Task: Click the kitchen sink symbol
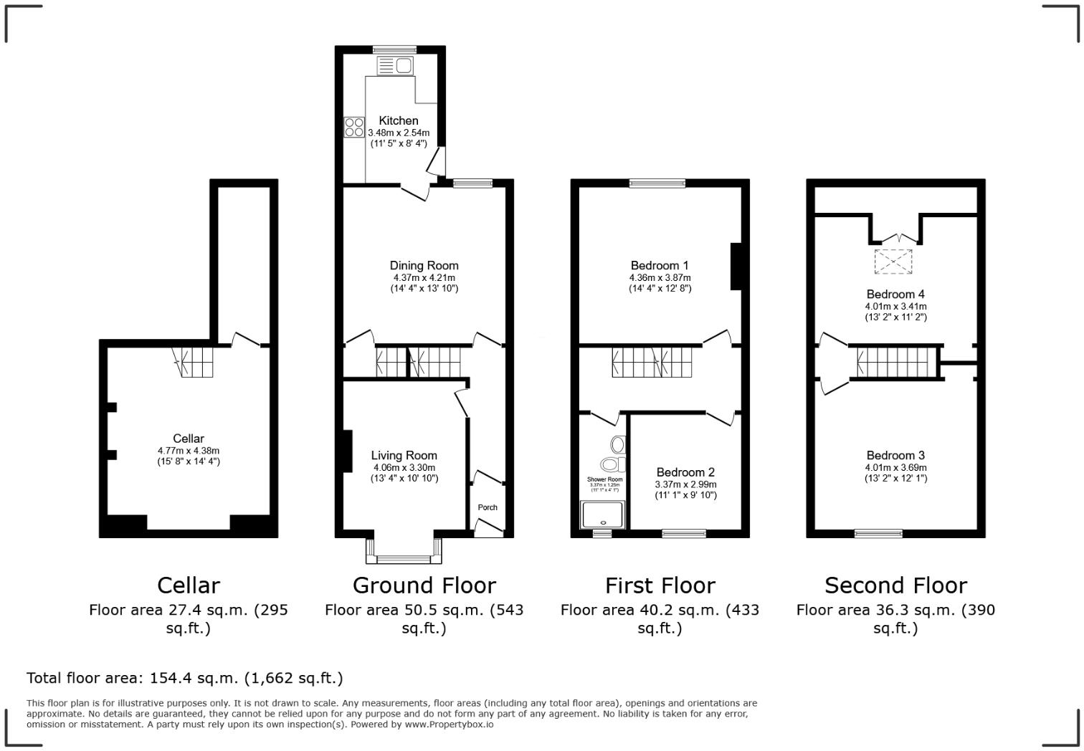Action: coord(395,66)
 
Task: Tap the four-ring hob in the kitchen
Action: coord(354,127)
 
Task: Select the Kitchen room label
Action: coord(399,120)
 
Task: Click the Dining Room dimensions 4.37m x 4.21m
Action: coord(424,277)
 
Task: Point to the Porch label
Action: coord(488,507)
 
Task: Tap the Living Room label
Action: coord(404,455)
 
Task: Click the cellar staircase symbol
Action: coord(196,362)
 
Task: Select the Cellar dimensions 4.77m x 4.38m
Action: coord(189,451)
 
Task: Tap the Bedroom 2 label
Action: coord(685,472)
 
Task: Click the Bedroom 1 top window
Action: coord(657,183)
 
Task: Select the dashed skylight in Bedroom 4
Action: coord(894,261)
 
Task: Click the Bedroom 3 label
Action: coord(895,455)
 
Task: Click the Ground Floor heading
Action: coord(424,585)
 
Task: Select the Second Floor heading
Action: coord(895,585)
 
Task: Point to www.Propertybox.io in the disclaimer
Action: coord(449,724)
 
